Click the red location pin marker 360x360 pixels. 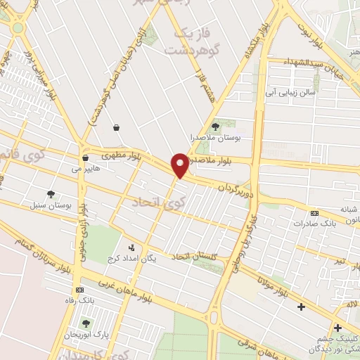click(180, 165)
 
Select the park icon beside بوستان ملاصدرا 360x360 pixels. click(215, 126)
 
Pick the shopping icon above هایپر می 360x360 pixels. click(85, 157)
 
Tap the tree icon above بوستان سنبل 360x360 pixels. click(50, 194)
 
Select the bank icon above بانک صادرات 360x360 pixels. click(314, 213)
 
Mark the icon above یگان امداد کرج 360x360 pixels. click(131, 247)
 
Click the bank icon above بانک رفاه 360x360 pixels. click(79, 289)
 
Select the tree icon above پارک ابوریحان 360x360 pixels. click(86, 323)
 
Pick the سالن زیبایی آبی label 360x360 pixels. click(291, 92)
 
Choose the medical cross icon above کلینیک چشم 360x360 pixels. click(338, 327)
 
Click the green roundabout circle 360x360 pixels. click(17, 27)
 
